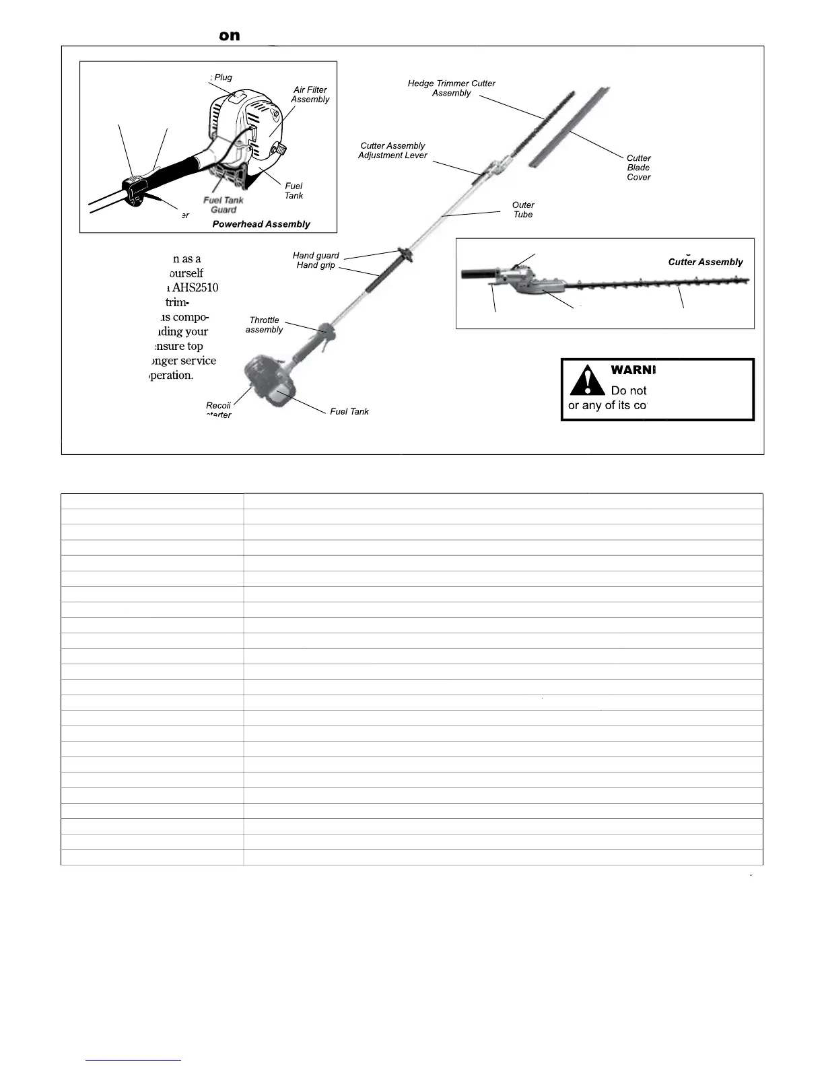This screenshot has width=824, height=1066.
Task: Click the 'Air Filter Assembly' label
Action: point(310,94)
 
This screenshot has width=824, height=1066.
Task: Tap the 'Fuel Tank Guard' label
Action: point(224,205)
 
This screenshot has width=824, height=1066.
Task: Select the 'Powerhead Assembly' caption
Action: point(261,224)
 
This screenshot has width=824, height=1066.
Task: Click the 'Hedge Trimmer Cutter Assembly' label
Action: point(451,88)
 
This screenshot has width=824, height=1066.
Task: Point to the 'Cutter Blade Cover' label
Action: point(638,168)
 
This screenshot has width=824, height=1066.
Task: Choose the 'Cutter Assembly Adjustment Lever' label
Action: point(392,150)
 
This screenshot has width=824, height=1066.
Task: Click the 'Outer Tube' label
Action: point(523,209)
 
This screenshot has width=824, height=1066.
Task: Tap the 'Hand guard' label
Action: point(316,255)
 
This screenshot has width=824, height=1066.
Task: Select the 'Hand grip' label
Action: point(316,265)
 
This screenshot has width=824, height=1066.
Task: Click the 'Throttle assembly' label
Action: point(264,324)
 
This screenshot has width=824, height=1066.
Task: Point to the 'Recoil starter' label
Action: point(218,409)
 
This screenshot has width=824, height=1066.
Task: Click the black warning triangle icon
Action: point(586,380)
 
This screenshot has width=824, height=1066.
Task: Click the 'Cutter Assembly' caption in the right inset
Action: point(705,262)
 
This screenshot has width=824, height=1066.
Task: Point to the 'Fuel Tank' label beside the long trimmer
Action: point(349,411)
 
